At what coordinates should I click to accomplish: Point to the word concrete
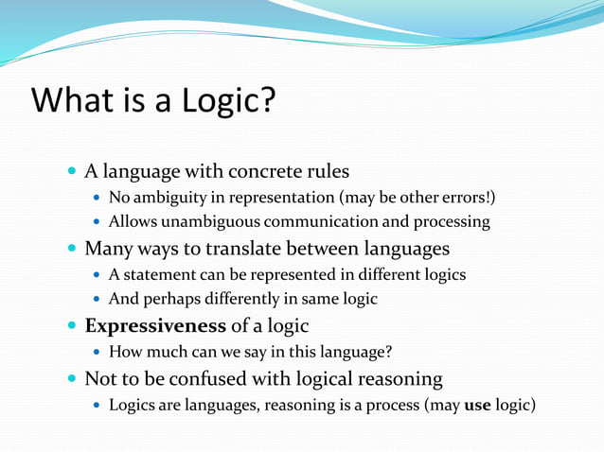(269, 172)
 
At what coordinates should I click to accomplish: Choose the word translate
(227, 249)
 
